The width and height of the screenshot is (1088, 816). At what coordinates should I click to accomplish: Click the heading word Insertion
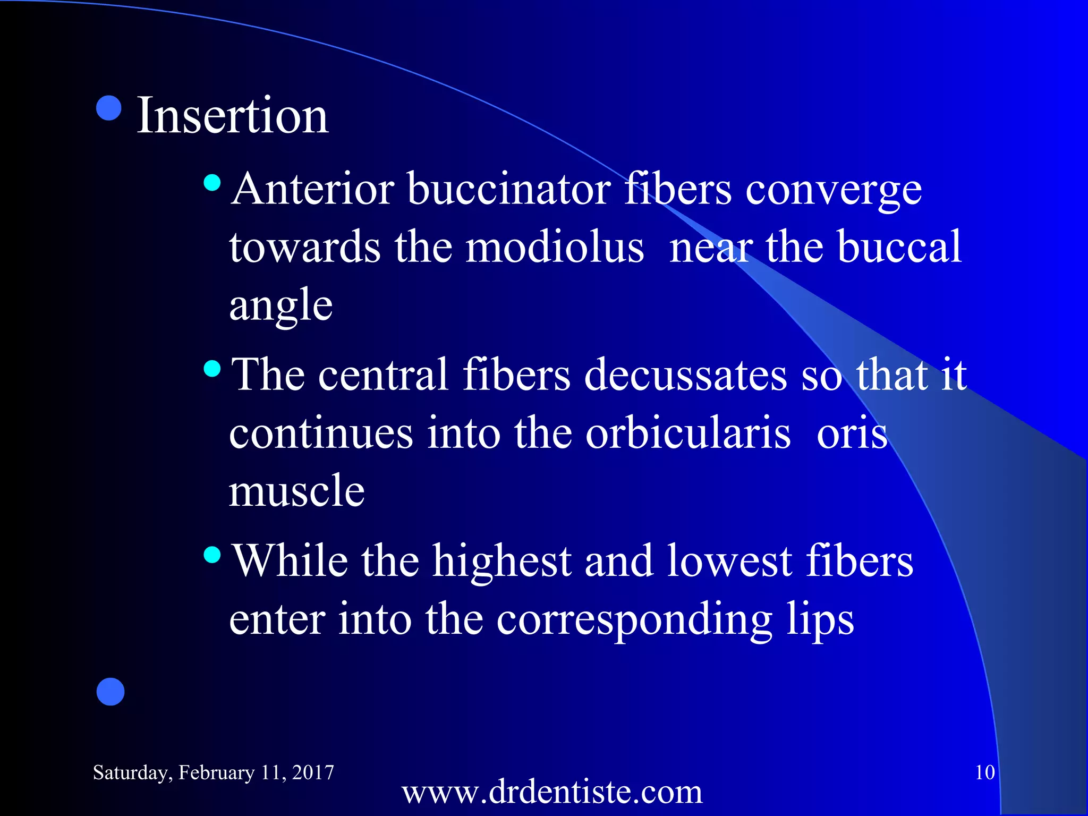232,115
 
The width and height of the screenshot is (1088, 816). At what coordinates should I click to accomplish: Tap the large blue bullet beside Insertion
109,108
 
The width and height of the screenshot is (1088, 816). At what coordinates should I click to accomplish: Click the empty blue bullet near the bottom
110,692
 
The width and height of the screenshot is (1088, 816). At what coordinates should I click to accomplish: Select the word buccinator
509,190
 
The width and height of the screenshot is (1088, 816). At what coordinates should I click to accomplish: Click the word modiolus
555,247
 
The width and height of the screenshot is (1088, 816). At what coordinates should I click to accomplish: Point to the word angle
280,306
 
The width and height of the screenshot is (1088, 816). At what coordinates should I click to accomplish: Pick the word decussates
685,375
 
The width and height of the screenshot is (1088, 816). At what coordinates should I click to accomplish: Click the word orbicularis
688,433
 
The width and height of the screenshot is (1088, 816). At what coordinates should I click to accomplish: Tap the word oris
852,433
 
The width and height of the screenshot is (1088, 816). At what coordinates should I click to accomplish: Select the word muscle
296,490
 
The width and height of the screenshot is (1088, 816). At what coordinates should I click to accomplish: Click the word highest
501,561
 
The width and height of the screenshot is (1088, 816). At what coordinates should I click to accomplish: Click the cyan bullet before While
212,555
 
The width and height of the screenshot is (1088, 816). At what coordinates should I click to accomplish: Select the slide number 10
984,772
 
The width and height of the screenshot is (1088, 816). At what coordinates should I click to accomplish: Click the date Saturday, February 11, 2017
214,772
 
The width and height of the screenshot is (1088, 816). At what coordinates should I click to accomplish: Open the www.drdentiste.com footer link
552,792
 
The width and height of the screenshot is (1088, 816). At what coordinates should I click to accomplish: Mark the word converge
833,190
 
